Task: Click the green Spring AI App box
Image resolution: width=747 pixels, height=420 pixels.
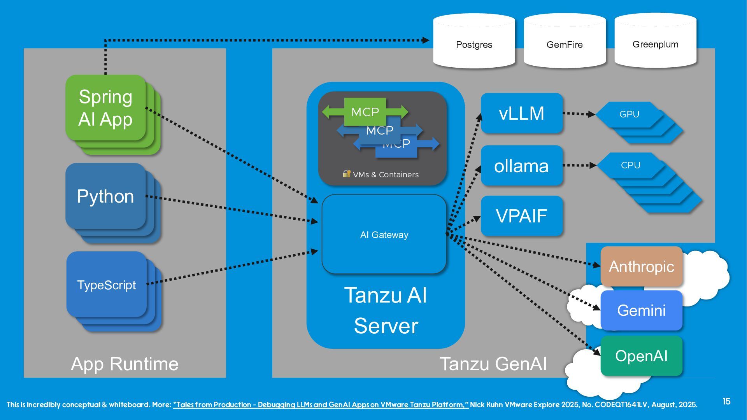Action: click(105, 108)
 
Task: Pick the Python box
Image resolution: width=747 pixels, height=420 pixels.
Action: click(105, 196)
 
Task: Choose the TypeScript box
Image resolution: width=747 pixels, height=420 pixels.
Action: click(106, 285)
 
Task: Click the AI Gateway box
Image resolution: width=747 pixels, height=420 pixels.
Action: click(384, 234)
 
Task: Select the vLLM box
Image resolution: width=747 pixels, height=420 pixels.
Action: click(521, 113)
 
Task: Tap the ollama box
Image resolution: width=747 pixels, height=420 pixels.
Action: click(521, 166)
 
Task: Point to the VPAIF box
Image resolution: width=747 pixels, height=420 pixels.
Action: click(521, 216)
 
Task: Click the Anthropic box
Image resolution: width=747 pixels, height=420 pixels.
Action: click(641, 266)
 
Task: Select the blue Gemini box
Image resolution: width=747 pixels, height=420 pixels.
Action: click(641, 310)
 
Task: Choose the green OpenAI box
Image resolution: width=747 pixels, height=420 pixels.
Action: click(641, 356)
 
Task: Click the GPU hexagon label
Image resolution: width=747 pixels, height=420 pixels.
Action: click(629, 114)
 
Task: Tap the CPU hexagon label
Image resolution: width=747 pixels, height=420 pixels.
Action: click(630, 165)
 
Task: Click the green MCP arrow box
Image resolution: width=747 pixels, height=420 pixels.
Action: click(365, 112)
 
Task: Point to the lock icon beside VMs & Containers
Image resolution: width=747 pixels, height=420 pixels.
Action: click(346, 173)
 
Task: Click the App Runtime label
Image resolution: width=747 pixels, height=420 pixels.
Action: click(124, 364)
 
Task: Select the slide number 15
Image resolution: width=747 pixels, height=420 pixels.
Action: click(726, 401)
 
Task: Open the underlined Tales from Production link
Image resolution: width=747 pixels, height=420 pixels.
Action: click(321, 405)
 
